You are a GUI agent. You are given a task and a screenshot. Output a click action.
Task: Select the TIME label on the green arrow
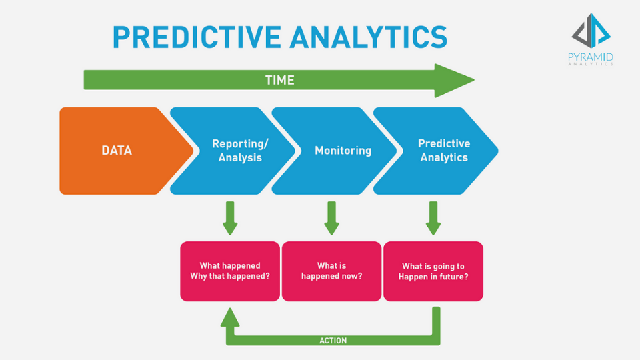tap(279, 80)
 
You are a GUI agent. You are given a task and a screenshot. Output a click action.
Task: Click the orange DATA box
tap(117, 151)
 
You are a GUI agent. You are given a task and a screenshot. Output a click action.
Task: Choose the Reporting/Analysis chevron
tap(237, 151)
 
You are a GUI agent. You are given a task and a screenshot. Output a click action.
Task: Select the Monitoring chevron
tap(343, 151)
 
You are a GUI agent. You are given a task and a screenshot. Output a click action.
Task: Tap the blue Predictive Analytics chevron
tap(443, 151)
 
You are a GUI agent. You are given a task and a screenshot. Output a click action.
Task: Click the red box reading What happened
tap(230, 271)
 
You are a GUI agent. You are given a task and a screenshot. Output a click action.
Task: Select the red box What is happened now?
tap(331, 271)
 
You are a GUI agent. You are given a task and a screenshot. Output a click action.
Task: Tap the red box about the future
tap(433, 271)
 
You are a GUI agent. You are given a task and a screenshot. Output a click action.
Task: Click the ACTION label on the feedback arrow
tap(333, 341)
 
